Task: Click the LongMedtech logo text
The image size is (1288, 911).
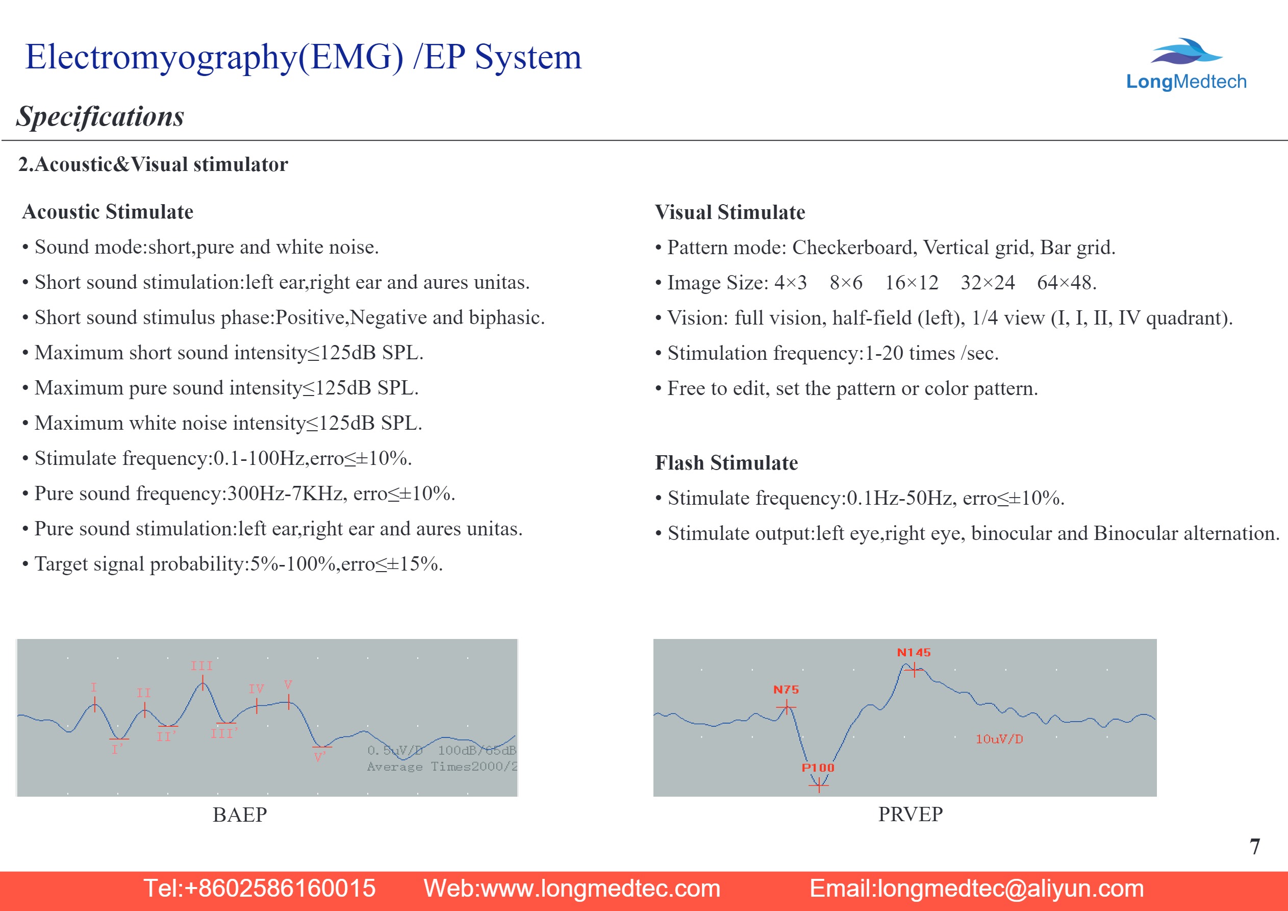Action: [1186, 82]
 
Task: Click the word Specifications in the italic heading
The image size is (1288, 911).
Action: [100, 117]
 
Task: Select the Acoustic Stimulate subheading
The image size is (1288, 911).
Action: [108, 212]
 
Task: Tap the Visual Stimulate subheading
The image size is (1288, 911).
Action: [730, 213]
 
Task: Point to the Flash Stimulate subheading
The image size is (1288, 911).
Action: [726, 463]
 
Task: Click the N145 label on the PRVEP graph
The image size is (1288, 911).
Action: [913, 652]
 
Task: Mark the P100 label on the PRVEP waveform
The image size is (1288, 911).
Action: [817, 767]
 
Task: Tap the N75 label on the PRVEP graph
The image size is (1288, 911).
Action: [786, 690]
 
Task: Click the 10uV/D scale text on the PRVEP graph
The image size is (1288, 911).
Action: [999, 739]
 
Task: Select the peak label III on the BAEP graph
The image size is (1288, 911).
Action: [201, 666]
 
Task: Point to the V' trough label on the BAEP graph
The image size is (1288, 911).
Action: [320, 758]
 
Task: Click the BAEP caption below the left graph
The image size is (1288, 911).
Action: [240, 815]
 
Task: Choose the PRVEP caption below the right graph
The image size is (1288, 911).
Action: [910, 814]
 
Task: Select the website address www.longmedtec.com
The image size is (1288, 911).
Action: [600, 889]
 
